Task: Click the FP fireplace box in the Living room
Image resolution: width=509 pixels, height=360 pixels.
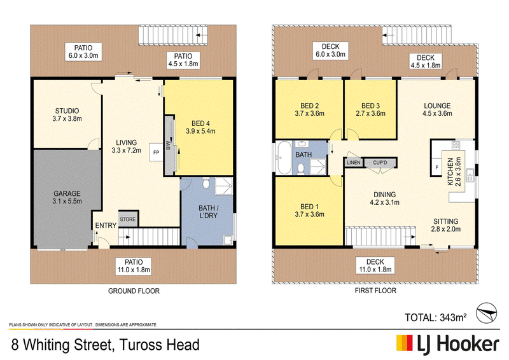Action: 156,152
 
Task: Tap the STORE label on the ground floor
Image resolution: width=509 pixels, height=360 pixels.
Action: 128,219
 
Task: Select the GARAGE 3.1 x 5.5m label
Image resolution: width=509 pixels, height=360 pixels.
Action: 67,197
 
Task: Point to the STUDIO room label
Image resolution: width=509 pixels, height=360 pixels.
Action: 67,111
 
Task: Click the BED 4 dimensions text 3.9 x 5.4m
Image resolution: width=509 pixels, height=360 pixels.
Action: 200,131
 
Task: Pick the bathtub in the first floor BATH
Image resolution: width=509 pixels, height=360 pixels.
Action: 284,158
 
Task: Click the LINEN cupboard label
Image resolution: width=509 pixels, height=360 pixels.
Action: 354,162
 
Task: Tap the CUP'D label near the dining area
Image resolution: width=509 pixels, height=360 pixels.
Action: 380,162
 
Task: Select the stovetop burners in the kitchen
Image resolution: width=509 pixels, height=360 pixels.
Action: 456,145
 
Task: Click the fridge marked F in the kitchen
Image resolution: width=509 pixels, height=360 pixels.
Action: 437,167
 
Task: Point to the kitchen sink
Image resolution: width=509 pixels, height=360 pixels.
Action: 470,176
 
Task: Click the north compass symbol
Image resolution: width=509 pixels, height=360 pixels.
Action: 486,314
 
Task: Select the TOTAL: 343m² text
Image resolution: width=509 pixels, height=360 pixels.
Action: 436,317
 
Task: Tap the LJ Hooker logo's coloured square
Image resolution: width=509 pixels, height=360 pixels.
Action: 405,343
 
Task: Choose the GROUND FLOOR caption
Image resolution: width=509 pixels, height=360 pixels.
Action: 134,291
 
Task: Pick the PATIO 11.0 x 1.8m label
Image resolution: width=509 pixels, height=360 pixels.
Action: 134,266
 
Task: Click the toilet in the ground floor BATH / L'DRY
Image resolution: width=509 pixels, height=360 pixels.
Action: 206,183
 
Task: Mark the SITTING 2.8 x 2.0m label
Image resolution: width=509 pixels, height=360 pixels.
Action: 446,225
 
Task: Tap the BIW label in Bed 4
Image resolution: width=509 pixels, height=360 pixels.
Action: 168,145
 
